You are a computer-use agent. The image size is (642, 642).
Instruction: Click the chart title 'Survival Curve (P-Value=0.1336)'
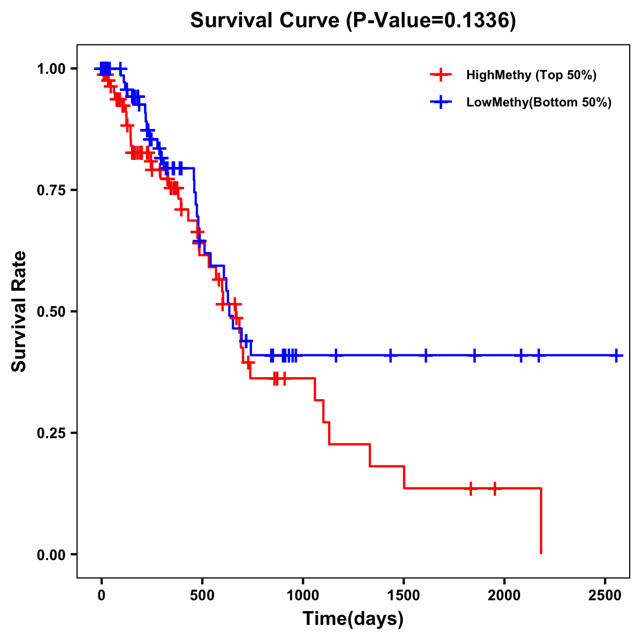[353, 21]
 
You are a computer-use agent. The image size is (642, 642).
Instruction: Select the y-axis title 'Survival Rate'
[19, 311]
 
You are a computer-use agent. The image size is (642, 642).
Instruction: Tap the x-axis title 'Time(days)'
[353, 619]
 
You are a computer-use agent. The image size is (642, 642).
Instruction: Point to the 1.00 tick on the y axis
[51, 69]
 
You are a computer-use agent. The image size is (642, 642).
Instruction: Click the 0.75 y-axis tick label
[51, 190]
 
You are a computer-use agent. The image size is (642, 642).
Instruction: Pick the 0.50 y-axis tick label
[51, 311]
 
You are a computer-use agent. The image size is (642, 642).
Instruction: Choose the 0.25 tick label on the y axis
[51, 433]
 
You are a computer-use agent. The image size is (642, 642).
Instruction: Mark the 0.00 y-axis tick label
[51, 554]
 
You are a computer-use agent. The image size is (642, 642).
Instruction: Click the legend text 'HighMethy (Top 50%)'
[531, 75]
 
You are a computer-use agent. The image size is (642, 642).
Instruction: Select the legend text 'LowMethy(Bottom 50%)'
[539, 103]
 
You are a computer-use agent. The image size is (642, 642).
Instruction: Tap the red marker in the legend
[441, 75]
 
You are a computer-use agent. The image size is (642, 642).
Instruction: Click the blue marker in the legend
[441, 103]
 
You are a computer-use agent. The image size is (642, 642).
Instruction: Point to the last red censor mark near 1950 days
[495, 488]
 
